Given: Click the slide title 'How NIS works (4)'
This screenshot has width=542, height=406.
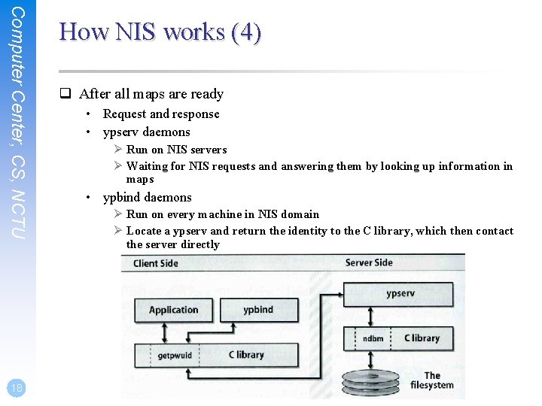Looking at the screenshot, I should pyautogui.click(x=160, y=32).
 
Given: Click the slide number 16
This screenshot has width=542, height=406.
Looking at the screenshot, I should pyautogui.click(x=16, y=388).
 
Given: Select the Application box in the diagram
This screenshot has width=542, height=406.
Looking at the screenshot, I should pyautogui.click(x=173, y=311).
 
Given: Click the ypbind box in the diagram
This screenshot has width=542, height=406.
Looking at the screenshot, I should pyautogui.click(x=258, y=311).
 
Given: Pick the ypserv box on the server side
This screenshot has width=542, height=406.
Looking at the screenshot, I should pyautogui.click(x=399, y=294).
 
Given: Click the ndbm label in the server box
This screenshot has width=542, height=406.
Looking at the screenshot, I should pyautogui.click(x=373, y=338).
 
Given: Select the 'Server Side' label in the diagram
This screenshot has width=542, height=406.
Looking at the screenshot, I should pyautogui.click(x=368, y=262).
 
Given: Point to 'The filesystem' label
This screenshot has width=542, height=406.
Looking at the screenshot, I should pyautogui.click(x=431, y=380).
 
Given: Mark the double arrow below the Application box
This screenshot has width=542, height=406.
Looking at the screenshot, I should pyautogui.click(x=165, y=332).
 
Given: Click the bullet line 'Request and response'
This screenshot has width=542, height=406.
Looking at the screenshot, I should pyautogui.click(x=161, y=114).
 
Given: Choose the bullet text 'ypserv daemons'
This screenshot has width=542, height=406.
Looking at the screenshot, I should pyautogui.click(x=146, y=132).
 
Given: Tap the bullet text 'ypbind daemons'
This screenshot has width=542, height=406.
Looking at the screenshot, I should pyautogui.click(x=147, y=197).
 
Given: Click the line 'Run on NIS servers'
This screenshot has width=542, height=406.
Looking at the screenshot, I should pyautogui.click(x=176, y=150).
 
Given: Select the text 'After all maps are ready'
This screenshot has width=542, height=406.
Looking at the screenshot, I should pyautogui.click(x=151, y=94).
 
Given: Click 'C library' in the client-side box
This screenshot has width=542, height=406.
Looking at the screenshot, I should pyautogui.click(x=246, y=355).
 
